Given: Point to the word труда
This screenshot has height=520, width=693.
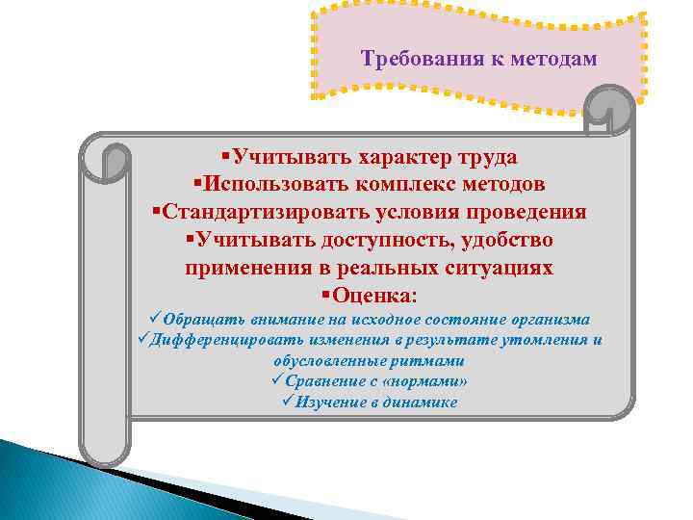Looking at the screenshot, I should [x=484, y=157].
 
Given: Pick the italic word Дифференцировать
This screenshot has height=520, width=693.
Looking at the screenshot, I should [x=227, y=340].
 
